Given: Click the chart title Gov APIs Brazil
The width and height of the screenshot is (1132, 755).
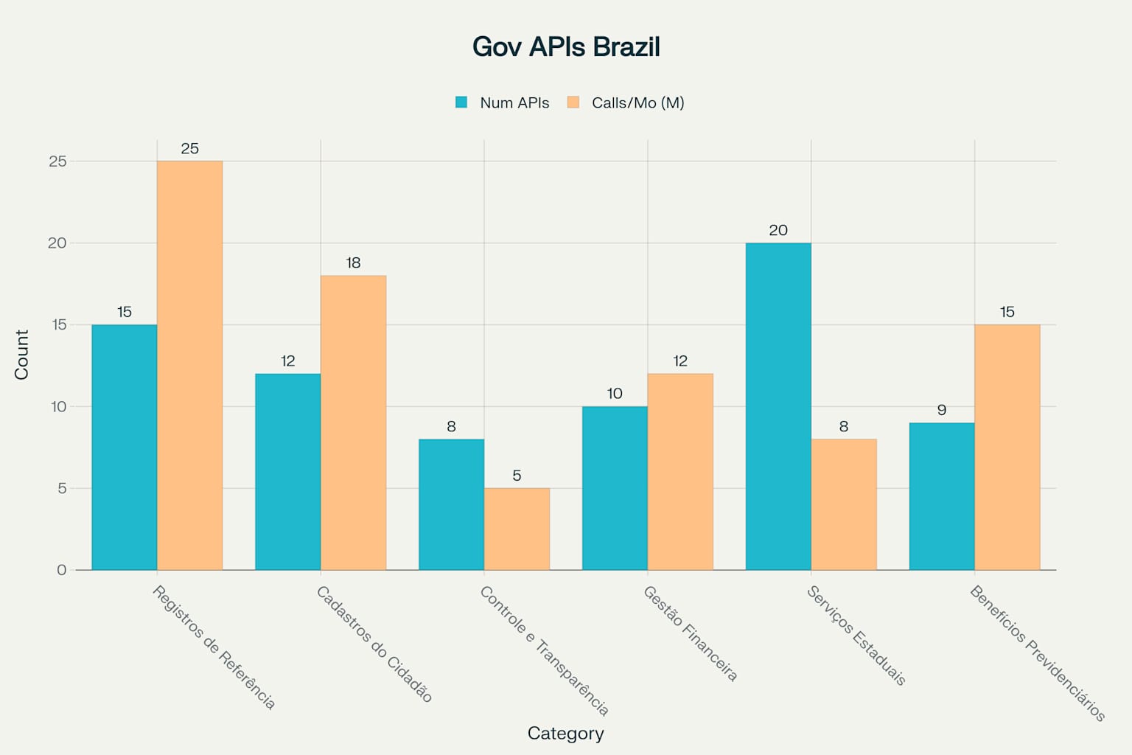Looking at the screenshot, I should click(565, 47).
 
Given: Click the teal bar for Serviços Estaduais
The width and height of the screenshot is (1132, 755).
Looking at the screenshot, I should click(778, 406).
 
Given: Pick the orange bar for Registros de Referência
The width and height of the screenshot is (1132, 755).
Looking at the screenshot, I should click(189, 365).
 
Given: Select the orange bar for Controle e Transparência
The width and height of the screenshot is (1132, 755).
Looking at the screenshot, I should click(517, 529).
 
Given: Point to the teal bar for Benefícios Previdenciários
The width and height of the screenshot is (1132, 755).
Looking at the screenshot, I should click(941, 496).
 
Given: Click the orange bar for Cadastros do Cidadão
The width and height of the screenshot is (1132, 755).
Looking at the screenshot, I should click(353, 422).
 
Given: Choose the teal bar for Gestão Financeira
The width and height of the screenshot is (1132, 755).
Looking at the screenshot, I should click(615, 488).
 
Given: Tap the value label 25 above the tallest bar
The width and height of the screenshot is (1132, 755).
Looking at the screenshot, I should click(189, 148).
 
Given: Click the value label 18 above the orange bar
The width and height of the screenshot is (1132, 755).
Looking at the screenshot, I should click(353, 262).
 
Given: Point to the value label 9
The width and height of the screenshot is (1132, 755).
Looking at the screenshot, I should click(941, 410).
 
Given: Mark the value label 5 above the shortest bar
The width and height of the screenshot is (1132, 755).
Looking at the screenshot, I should click(517, 476).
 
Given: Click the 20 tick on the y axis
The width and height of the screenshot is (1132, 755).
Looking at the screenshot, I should click(57, 243).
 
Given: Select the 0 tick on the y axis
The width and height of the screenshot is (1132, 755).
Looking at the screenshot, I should click(62, 570).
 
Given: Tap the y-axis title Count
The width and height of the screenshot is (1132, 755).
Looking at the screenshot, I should click(21, 355).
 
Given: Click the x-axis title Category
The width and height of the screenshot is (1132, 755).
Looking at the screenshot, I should click(565, 733).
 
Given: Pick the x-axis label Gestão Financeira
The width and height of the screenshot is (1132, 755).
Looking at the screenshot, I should click(690, 633).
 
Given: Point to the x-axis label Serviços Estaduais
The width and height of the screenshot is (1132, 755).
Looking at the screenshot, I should click(856, 636).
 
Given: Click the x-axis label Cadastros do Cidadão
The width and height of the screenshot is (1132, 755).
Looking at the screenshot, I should click(374, 644).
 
